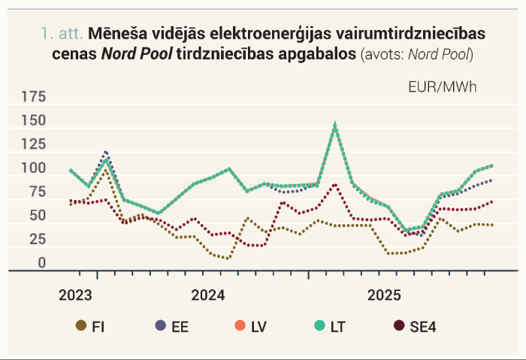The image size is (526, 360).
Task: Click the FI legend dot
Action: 81,325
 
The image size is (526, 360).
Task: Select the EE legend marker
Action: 161,325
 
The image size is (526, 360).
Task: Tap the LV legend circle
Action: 240,325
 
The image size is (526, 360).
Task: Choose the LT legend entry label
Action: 338,327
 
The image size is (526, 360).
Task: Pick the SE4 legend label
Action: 422,327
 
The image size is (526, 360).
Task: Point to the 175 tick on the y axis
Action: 34,97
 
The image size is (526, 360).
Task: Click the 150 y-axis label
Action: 34,120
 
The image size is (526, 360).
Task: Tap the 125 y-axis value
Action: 34,144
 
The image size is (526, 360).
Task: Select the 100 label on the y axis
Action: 34,168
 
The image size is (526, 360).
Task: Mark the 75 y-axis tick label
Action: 38,192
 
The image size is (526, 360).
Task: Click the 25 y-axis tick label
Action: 38,239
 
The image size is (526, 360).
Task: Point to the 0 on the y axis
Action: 42,263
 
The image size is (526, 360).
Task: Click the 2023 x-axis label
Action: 75,295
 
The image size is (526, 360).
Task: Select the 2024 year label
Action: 208,295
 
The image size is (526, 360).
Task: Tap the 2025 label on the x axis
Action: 384,295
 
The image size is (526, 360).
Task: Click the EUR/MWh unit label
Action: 443,87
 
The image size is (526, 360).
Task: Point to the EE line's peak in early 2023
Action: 106,153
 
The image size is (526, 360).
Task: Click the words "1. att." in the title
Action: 62,34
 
